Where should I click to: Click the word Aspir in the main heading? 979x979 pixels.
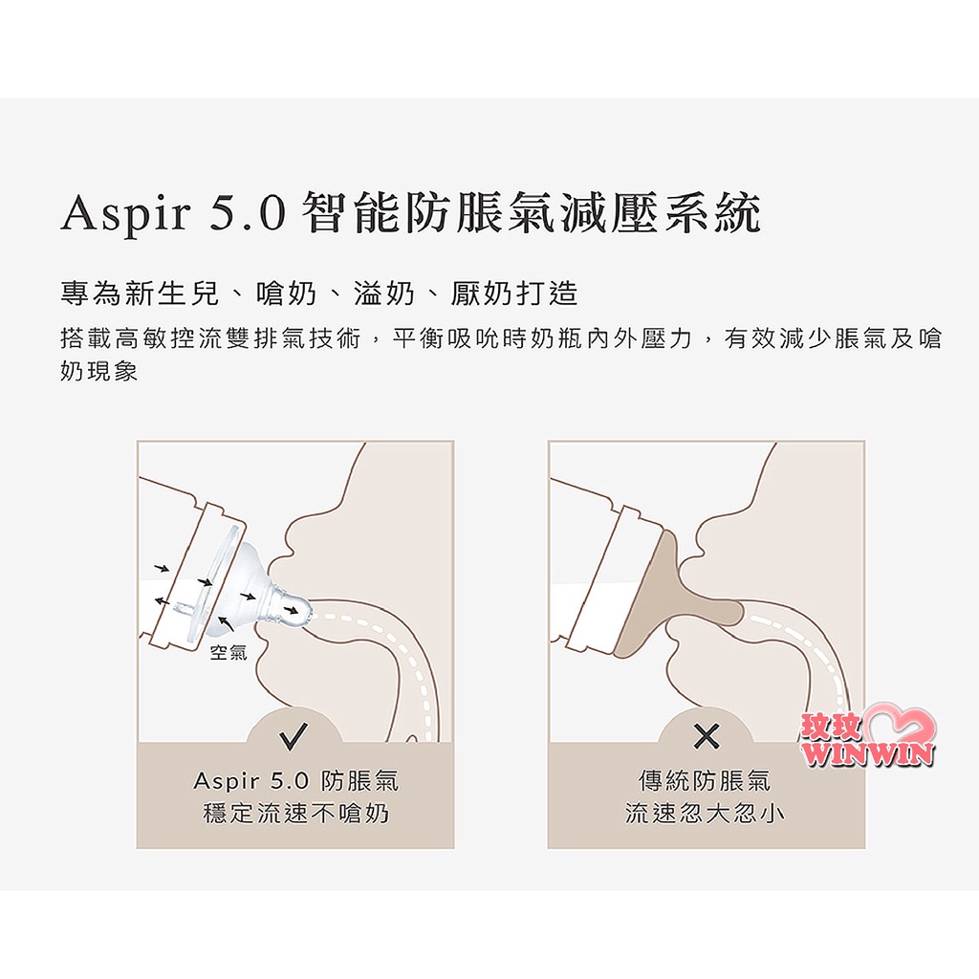click(x=125, y=213)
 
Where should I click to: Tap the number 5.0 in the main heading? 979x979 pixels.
click(x=248, y=212)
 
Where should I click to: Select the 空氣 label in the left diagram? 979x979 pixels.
click(x=228, y=652)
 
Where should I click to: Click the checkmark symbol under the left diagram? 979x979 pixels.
click(x=294, y=735)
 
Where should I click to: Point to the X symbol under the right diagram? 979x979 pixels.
click(x=707, y=735)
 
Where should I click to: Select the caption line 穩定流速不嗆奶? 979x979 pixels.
click(x=296, y=813)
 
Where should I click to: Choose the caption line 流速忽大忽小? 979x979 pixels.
click(x=705, y=813)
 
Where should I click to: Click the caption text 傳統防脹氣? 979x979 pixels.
click(x=705, y=780)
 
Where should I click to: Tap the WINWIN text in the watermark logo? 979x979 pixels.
click(x=868, y=753)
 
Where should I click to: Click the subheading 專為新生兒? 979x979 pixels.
click(x=140, y=294)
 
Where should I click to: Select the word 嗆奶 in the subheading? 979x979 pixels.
click(x=286, y=294)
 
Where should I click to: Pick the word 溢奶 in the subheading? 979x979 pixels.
click(x=384, y=294)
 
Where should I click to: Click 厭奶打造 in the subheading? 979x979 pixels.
click(x=514, y=294)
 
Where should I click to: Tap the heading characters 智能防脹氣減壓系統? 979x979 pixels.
click(x=531, y=213)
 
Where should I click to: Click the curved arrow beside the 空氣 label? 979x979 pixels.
click(x=227, y=623)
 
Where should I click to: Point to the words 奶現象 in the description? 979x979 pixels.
click(x=98, y=372)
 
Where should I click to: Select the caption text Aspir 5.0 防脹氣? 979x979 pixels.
click(x=296, y=780)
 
